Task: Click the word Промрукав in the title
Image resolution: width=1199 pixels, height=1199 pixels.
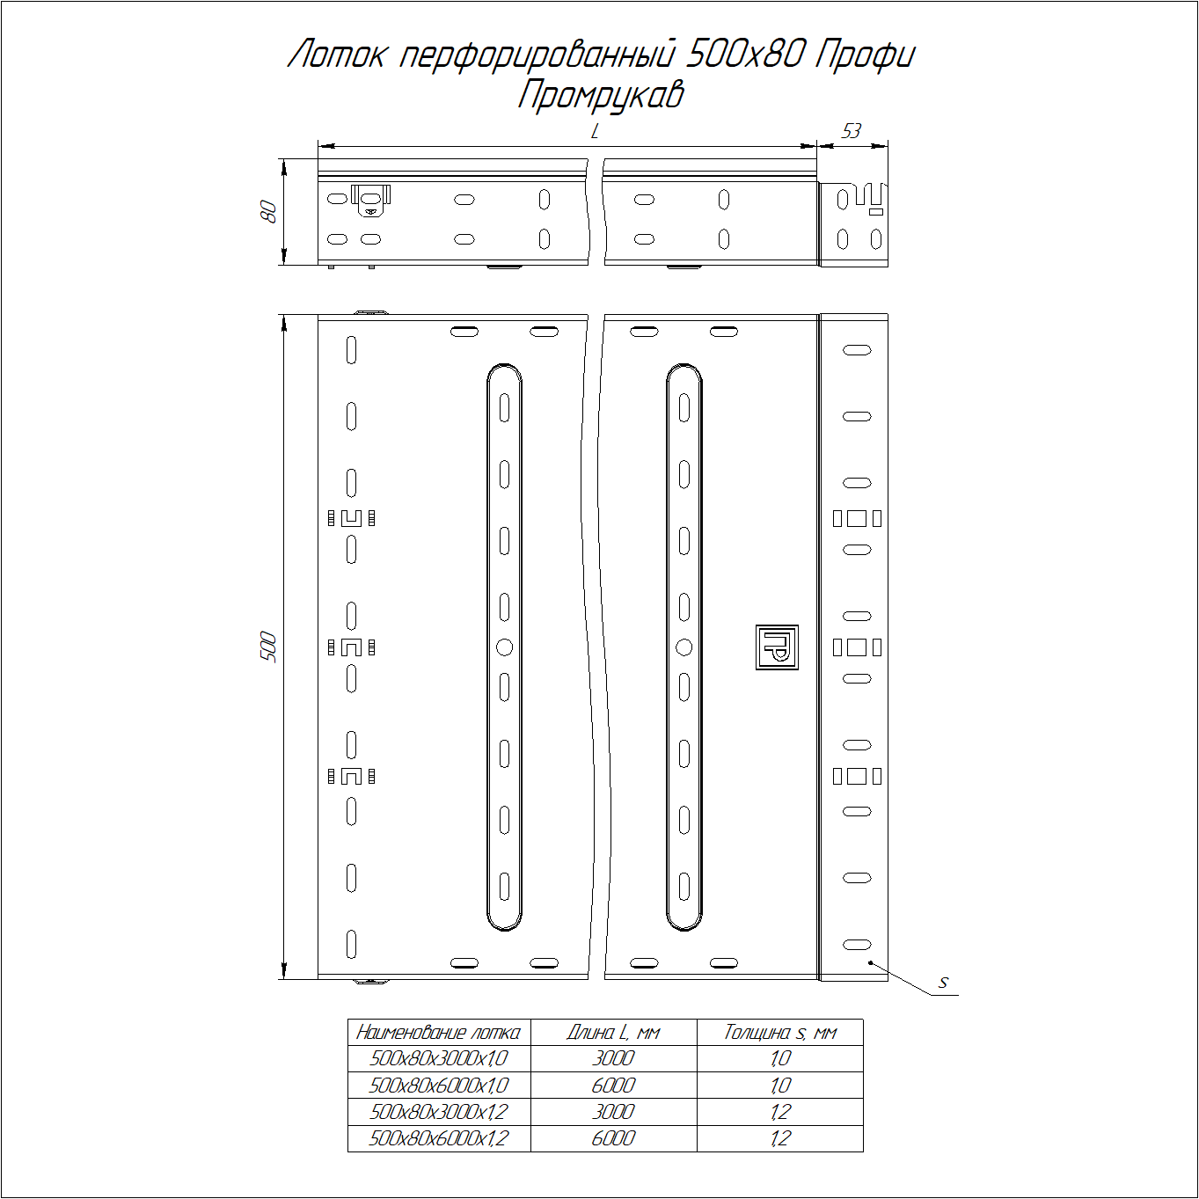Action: [601, 96]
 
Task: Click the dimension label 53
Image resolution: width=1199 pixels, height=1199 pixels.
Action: [851, 131]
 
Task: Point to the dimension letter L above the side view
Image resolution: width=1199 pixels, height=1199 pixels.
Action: [595, 131]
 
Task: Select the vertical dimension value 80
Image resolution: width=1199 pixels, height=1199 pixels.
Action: [268, 212]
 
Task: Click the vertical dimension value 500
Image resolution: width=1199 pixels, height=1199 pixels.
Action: [268, 647]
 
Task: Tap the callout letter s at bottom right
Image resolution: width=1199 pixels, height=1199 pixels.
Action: [943, 983]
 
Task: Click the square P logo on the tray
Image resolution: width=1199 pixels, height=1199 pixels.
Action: [777, 647]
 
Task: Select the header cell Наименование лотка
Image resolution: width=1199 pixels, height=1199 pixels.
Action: [438, 1033]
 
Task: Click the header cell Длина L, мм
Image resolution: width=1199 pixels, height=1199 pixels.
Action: [613, 1033]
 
